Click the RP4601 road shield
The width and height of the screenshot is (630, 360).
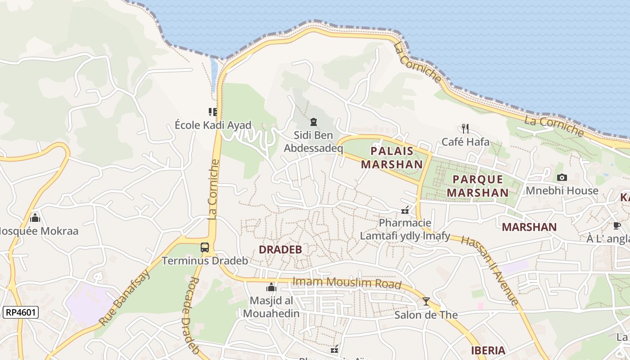tap(21, 312)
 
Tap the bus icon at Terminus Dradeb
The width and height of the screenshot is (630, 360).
tap(205, 247)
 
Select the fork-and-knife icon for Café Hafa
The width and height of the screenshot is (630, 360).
tap(465, 129)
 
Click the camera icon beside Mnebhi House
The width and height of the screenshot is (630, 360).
tap(562, 178)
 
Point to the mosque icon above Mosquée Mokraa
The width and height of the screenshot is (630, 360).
tap(35, 218)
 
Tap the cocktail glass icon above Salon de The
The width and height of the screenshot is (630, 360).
tap(426, 301)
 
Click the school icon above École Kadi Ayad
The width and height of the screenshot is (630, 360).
tap(213, 112)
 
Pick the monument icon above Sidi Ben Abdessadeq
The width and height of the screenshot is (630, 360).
tap(313, 121)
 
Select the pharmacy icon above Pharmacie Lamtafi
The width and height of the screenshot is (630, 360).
tap(405, 210)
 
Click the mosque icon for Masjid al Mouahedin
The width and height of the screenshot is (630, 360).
tap(271, 287)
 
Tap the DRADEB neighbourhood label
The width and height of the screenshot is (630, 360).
tap(280, 250)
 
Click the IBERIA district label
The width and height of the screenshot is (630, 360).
tap(488, 351)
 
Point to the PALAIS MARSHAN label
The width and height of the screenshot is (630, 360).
tap(392, 157)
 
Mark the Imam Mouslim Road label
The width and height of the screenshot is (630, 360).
tap(346, 283)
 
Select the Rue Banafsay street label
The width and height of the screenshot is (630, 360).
tap(125, 298)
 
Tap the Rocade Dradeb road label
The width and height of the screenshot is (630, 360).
tap(191, 315)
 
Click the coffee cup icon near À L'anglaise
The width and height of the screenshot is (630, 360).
tap(616, 225)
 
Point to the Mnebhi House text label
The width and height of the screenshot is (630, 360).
tap(562, 191)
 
